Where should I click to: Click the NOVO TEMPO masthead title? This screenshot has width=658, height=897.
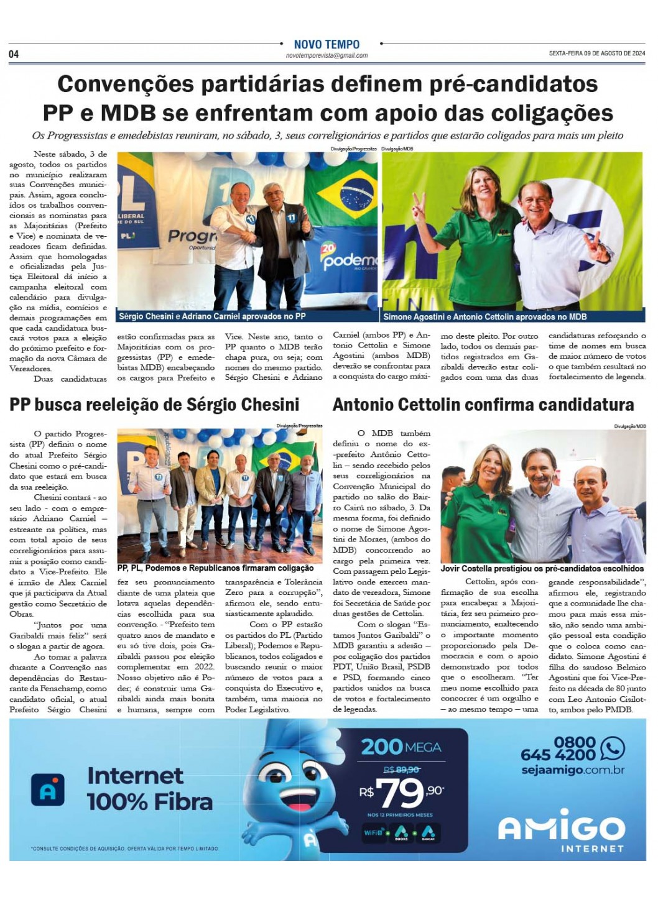(327, 44)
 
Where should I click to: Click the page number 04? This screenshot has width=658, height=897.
(14, 55)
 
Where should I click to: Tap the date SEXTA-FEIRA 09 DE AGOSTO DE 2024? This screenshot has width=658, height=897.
(597, 54)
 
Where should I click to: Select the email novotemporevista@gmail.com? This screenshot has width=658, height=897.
(327, 56)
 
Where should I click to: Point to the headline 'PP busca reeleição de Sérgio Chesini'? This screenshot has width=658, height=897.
(154, 405)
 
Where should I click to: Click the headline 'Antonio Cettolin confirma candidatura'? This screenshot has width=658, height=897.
(483, 405)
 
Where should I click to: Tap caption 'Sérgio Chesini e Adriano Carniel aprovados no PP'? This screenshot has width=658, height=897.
(212, 316)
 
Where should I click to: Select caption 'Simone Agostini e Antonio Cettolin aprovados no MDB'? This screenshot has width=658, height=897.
(485, 317)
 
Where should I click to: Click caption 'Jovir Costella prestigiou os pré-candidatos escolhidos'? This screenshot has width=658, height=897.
(542, 569)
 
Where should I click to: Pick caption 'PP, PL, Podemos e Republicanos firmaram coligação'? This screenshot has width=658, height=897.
(215, 568)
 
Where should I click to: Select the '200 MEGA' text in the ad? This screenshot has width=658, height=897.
(401, 747)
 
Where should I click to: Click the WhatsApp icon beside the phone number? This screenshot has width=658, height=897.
(613, 748)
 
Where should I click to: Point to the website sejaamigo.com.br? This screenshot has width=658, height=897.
(572, 770)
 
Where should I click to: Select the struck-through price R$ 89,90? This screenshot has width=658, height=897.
(402, 770)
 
